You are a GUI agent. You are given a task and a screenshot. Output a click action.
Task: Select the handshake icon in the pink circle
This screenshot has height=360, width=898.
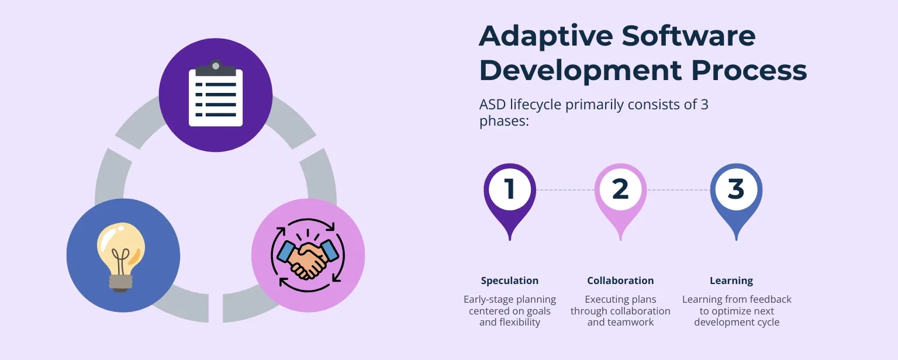pos(308,255)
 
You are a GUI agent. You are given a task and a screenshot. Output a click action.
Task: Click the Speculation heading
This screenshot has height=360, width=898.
pos(509,281)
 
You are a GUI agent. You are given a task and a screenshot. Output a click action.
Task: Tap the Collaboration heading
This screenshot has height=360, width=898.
pos(620,281)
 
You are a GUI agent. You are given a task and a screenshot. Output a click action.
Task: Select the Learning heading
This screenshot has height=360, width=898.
pos(731,281)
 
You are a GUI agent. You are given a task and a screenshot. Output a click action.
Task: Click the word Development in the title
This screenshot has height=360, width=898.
pos(580,71)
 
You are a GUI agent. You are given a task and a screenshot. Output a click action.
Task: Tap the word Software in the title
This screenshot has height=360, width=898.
pos(689,36)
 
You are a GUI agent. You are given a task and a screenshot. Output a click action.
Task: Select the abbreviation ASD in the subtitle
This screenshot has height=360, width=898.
pos(492,105)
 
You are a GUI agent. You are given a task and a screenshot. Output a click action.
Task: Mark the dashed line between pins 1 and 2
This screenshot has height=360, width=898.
pos(565,190)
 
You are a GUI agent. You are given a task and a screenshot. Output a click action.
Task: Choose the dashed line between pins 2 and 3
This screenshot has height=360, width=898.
pos(678,190)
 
